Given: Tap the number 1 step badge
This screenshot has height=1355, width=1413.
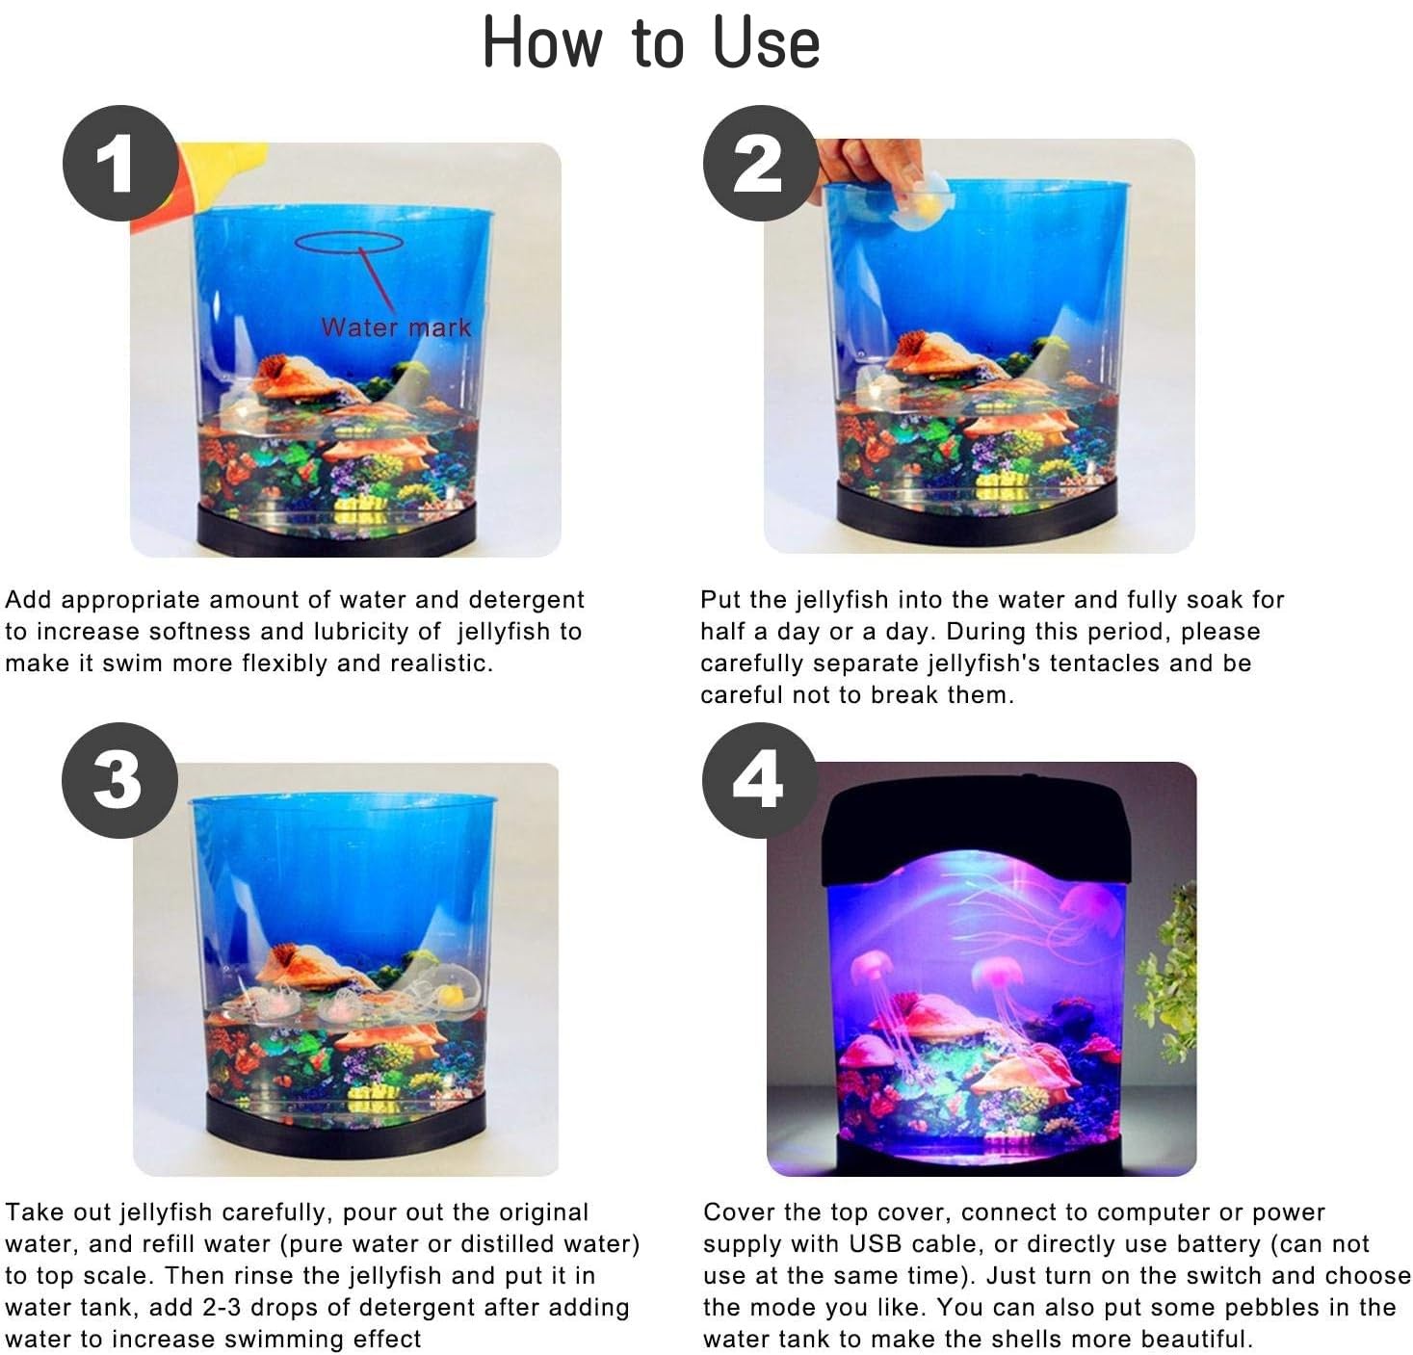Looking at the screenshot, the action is click(x=120, y=164).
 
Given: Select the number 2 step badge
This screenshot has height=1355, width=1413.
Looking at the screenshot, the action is click(x=760, y=163).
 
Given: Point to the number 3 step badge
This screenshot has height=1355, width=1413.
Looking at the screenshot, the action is click(x=119, y=781).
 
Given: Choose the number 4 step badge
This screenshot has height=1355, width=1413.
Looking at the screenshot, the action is click(x=760, y=781).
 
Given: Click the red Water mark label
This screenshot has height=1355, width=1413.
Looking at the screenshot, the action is click(x=396, y=327).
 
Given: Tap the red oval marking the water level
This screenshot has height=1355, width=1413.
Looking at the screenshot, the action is click(x=349, y=242).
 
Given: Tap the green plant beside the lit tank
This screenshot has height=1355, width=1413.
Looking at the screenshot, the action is click(x=1169, y=973).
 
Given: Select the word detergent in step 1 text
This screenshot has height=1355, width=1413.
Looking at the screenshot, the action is click(x=527, y=600).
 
